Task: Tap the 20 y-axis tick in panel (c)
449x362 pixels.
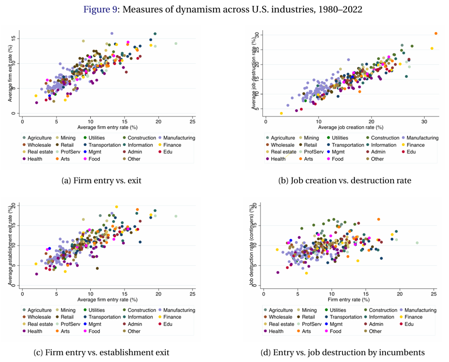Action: point(15,205)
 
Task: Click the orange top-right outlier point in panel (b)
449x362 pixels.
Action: point(436,33)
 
